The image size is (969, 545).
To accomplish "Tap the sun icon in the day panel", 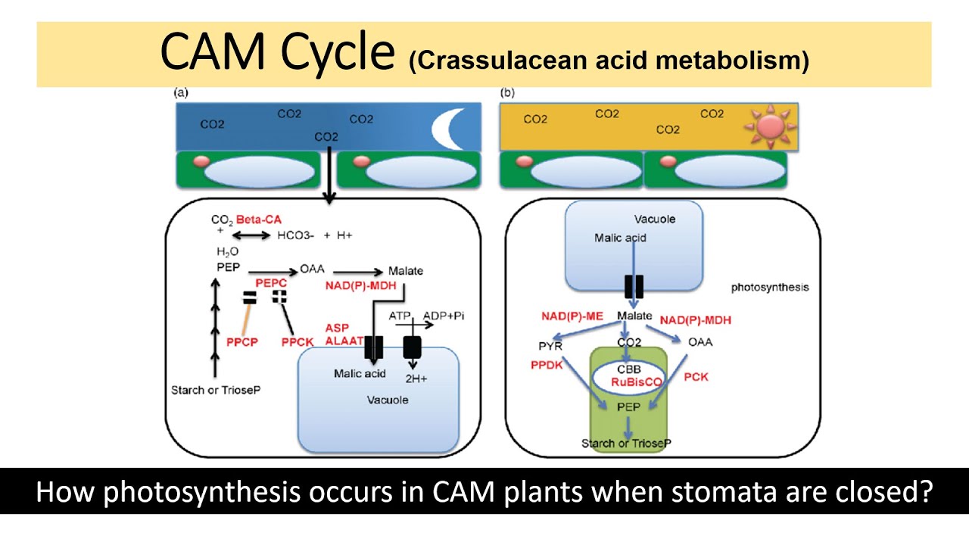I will click(768, 126).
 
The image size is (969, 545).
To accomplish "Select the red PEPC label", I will click(270, 282).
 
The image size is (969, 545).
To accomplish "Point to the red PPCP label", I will click(242, 342).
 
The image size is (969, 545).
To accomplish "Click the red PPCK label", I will click(298, 342).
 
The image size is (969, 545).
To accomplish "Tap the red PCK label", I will click(696, 376).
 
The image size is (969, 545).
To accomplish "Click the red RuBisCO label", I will click(637, 382).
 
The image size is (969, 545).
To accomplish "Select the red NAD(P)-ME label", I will click(572, 316).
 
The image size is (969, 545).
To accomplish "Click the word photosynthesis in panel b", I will click(770, 288).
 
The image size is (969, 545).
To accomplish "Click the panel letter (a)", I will click(181, 93).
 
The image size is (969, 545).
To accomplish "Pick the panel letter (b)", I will click(507, 93).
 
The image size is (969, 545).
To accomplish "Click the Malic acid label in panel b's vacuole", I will click(620, 238).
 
